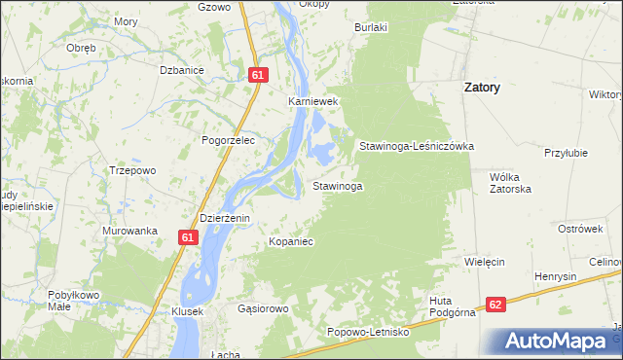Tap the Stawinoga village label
click(338, 185)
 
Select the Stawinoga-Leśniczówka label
click(416, 146)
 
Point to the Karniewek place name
click(311, 100)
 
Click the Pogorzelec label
click(228, 140)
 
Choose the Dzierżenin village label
click(225, 218)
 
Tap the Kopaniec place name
click(290, 240)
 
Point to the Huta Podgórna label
click(452, 306)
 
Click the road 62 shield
click(496, 305)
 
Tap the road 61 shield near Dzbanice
click(257, 74)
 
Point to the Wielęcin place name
click(484, 263)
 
